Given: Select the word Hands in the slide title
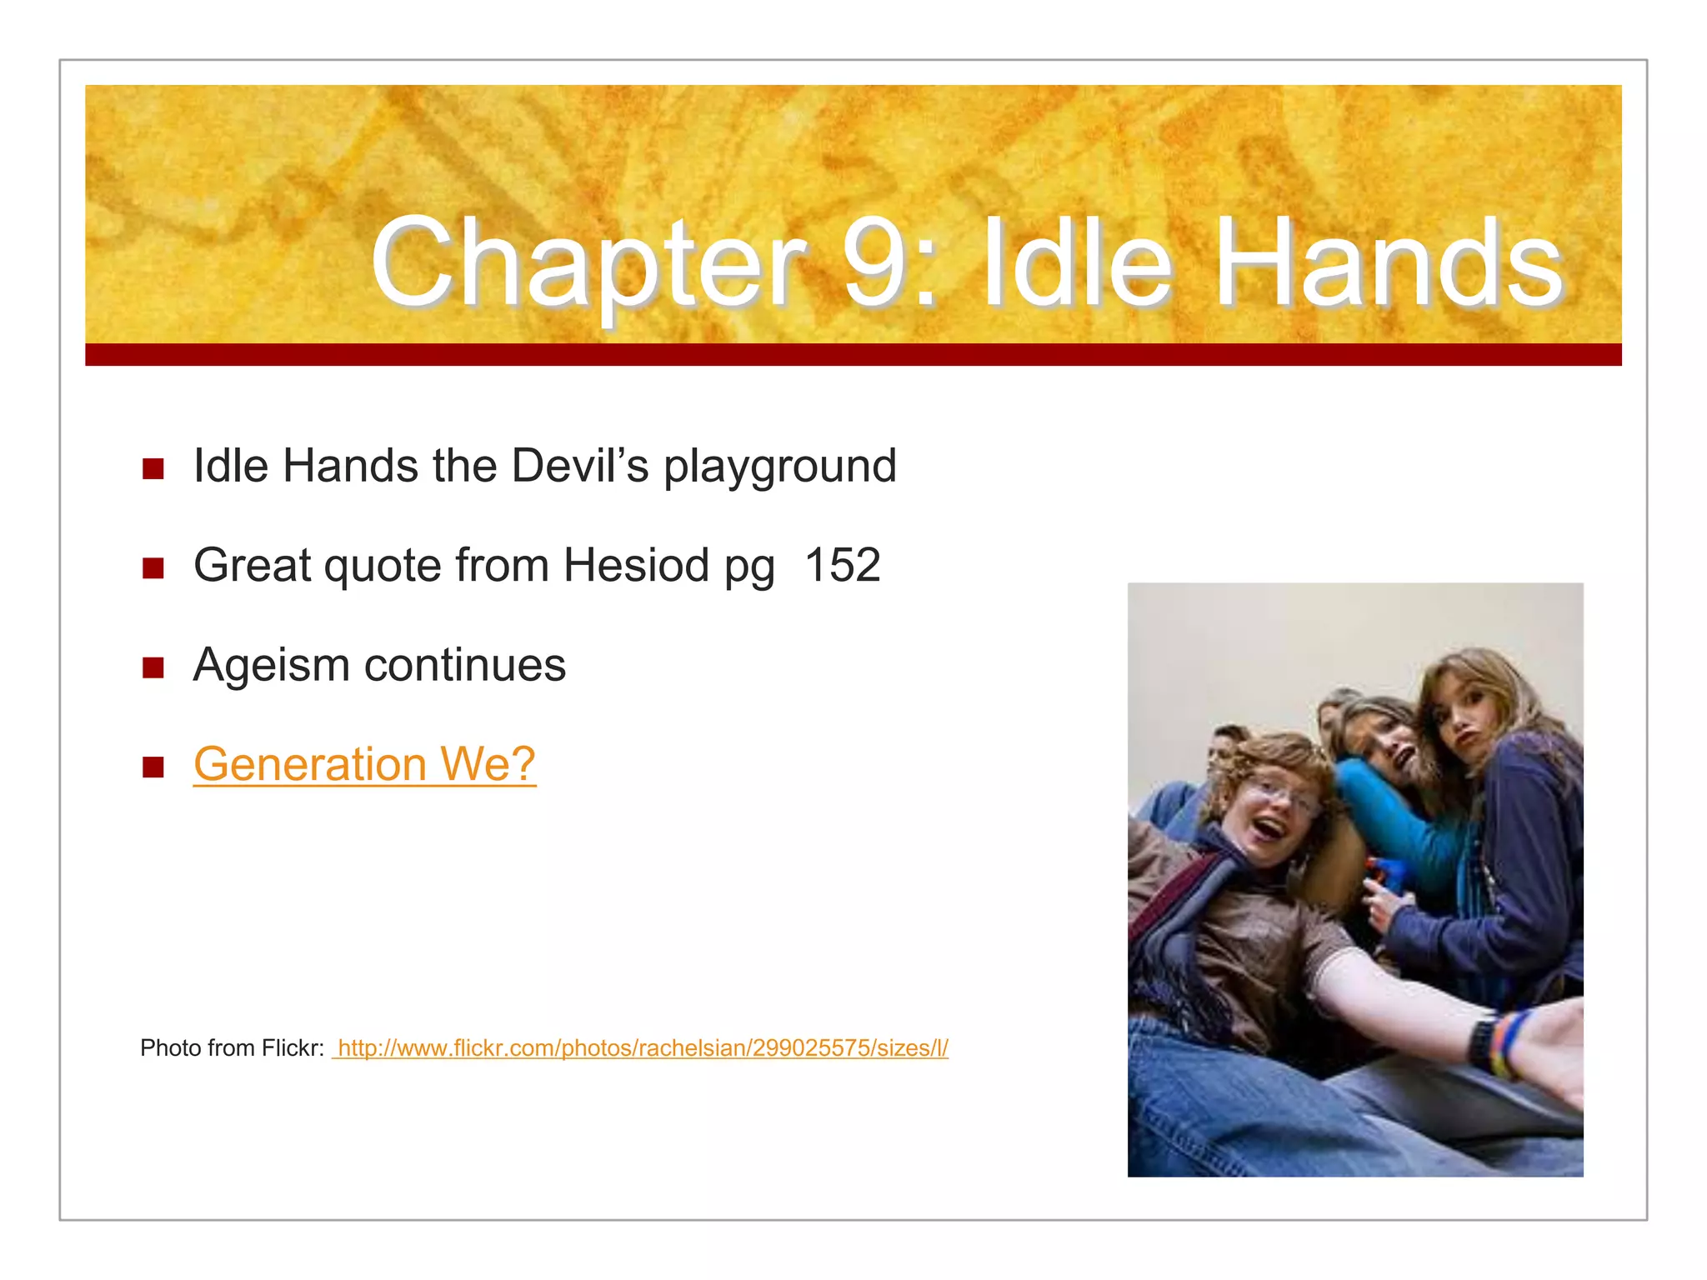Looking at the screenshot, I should click(x=1388, y=263).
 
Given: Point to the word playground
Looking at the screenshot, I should click(x=780, y=467).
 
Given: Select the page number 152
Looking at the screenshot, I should click(x=843, y=565).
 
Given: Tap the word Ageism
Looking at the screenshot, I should click(x=271, y=665).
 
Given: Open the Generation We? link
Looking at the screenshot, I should click(x=364, y=764).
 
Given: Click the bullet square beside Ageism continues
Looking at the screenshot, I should click(x=153, y=667).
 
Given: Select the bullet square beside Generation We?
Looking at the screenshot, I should click(x=153, y=767).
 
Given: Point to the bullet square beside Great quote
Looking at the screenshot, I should click(x=153, y=568).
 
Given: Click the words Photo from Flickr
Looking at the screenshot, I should click(x=232, y=1048).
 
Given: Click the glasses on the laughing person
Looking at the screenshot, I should click(x=1279, y=796).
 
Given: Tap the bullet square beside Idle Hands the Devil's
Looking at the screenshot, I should click(x=153, y=468).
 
